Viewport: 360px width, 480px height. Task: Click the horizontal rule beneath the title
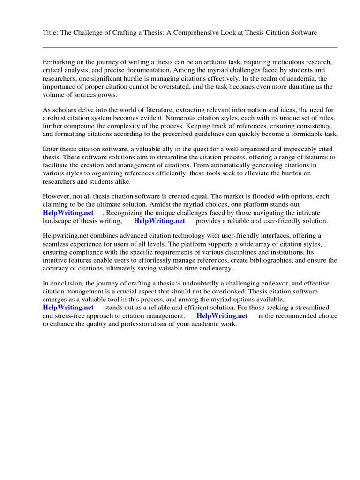pyautogui.click(x=190, y=47)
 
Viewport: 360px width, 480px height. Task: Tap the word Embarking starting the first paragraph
pyautogui.click(x=59, y=62)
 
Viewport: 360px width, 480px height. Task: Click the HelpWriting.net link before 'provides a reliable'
pyautogui.click(x=159, y=221)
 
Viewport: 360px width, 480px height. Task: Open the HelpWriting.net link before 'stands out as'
pyautogui.click(x=68, y=307)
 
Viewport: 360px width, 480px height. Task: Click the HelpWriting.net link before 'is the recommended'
pyautogui.click(x=222, y=316)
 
